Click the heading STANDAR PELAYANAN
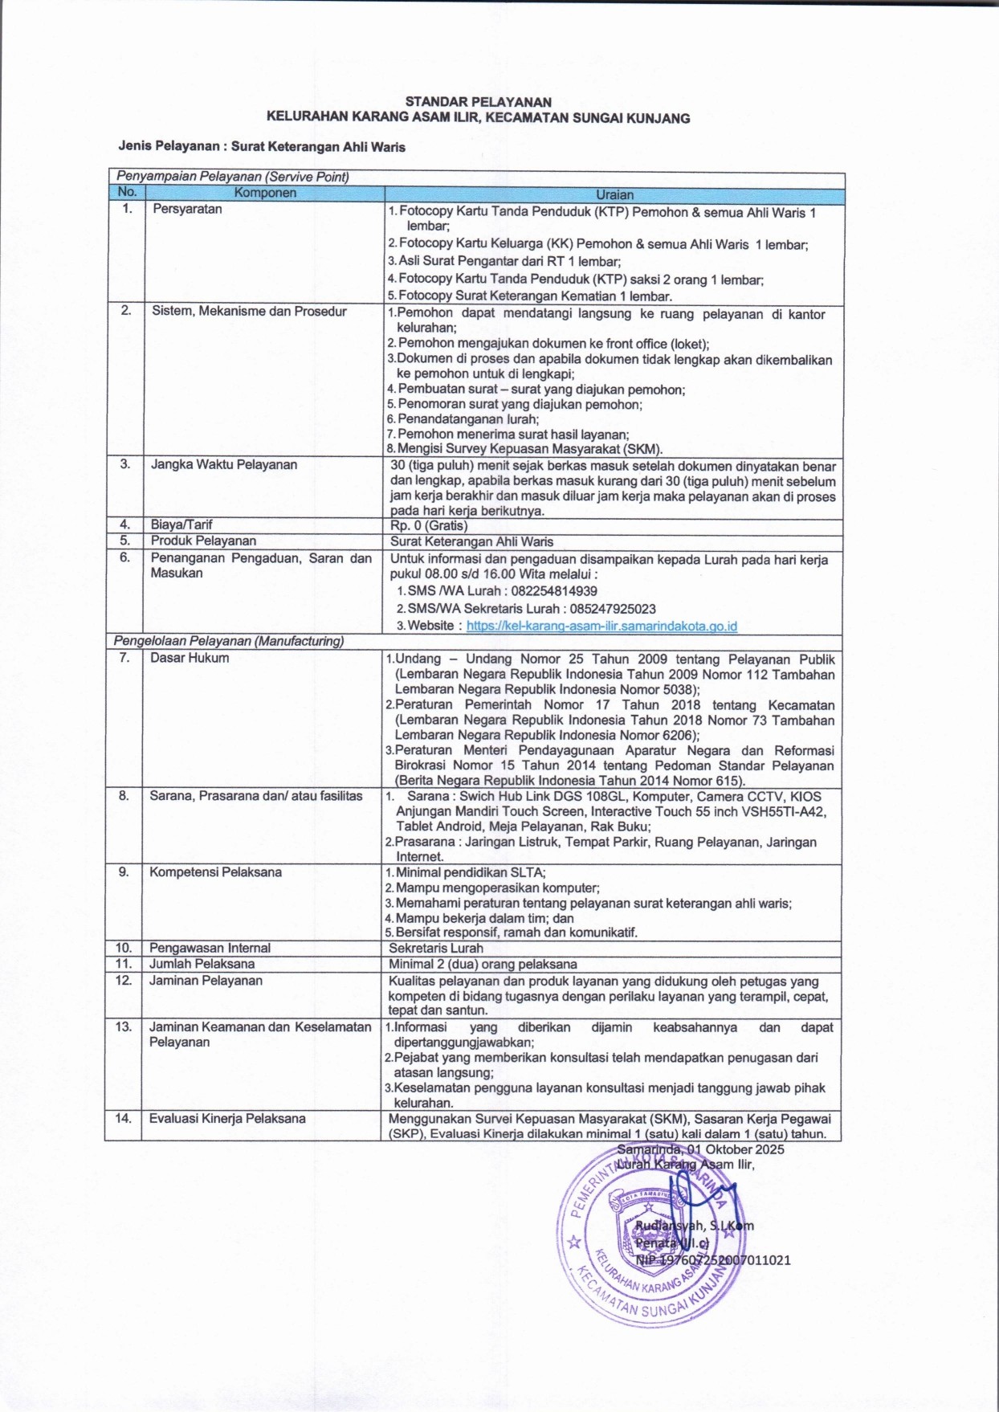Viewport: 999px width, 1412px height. click(x=478, y=102)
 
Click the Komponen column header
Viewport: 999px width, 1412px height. click(x=265, y=193)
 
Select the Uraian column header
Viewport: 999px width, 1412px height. click(x=614, y=194)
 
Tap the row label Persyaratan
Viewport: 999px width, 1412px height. click(x=187, y=209)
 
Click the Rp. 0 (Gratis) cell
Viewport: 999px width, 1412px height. click(x=429, y=526)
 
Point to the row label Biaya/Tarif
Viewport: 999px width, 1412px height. click(x=181, y=524)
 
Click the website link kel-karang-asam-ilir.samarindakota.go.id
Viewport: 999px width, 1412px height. click(x=601, y=626)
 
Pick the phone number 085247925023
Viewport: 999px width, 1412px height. click(x=613, y=608)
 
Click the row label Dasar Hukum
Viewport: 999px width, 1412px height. click(x=190, y=658)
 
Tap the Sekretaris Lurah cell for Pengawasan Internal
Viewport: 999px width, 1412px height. click(x=436, y=948)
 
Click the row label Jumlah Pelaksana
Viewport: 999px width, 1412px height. click(x=202, y=964)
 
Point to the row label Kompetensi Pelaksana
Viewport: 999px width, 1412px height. click(x=215, y=871)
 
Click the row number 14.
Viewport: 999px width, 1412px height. click(x=123, y=1118)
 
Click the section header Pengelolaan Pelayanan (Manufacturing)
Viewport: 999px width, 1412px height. click(x=229, y=641)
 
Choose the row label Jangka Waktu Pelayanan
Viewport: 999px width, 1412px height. click(x=224, y=464)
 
